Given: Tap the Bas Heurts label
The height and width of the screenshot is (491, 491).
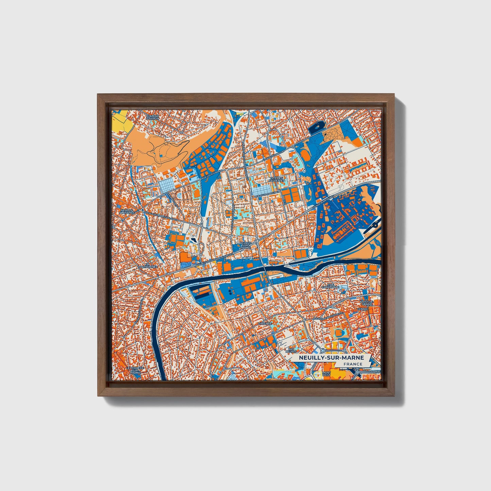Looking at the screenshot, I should [292, 350].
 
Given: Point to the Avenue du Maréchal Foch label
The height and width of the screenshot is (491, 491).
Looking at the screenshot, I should [214, 261].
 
